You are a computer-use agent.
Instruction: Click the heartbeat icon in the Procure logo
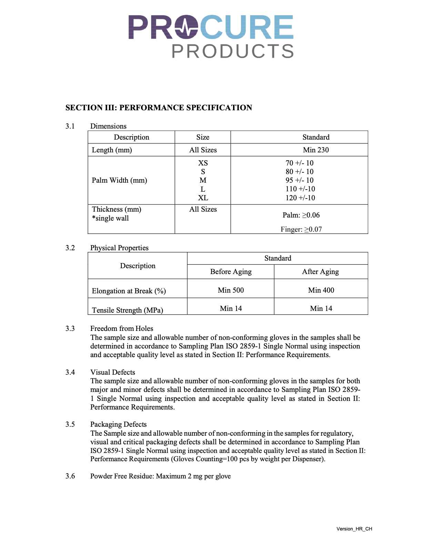(x=186, y=27)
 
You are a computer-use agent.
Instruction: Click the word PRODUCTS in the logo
(x=233, y=51)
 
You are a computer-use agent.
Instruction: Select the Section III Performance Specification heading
(x=159, y=108)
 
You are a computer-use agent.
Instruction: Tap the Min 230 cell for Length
(x=315, y=150)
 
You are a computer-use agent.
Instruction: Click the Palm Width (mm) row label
(x=119, y=180)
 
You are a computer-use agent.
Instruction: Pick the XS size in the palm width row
(x=203, y=163)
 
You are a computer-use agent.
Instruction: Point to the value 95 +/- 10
(x=299, y=180)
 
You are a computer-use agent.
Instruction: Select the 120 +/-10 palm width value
(x=300, y=198)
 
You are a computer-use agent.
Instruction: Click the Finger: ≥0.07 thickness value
(x=301, y=229)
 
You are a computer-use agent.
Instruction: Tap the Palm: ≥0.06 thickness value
(x=301, y=215)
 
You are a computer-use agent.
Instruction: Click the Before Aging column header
(x=231, y=272)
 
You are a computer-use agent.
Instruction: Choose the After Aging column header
(x=320, y=272)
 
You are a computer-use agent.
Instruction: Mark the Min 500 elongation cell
(x=231, y=290)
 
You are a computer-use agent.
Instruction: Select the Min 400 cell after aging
(x=321, y=290)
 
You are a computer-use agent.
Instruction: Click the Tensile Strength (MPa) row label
(x=127, y=310)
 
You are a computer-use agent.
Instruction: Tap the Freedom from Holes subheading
(x=121, y=328)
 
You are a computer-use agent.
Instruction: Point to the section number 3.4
(x=70, y=372)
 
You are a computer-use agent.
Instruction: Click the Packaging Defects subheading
(x=118, y=424)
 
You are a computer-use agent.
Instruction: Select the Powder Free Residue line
(x=160, y=476)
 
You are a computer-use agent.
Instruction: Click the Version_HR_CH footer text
(x=354, y=529)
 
